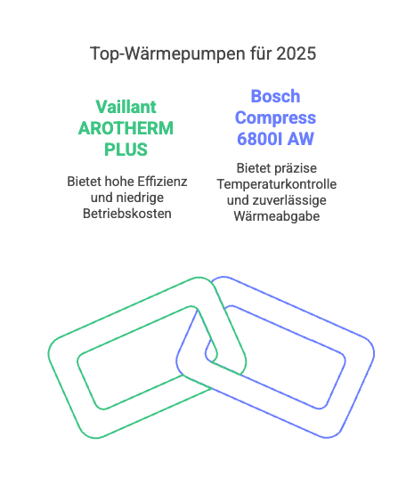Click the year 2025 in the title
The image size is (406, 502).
click(x=296, y=53)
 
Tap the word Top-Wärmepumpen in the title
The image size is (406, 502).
click(x=167, y=54)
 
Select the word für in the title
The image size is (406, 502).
click(x=261, y=53)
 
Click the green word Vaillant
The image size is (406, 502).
click(x=126, y=107)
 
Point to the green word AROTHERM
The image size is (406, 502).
click(x=126, y=128)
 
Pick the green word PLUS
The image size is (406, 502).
click(x=126, y=150)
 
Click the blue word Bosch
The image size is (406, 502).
click(x=275, y=96)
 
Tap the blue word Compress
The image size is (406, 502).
click(x=275, y=118)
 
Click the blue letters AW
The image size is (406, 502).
click(x=301, y=139)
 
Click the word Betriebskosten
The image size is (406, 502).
click(x=127, y=214)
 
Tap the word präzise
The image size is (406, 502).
click(x=295, y=168)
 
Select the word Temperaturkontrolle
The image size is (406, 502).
click(x=277, y=184)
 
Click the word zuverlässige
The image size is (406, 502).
click(x=289, y=200)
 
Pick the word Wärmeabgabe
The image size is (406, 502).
click(x=277, y=216)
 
